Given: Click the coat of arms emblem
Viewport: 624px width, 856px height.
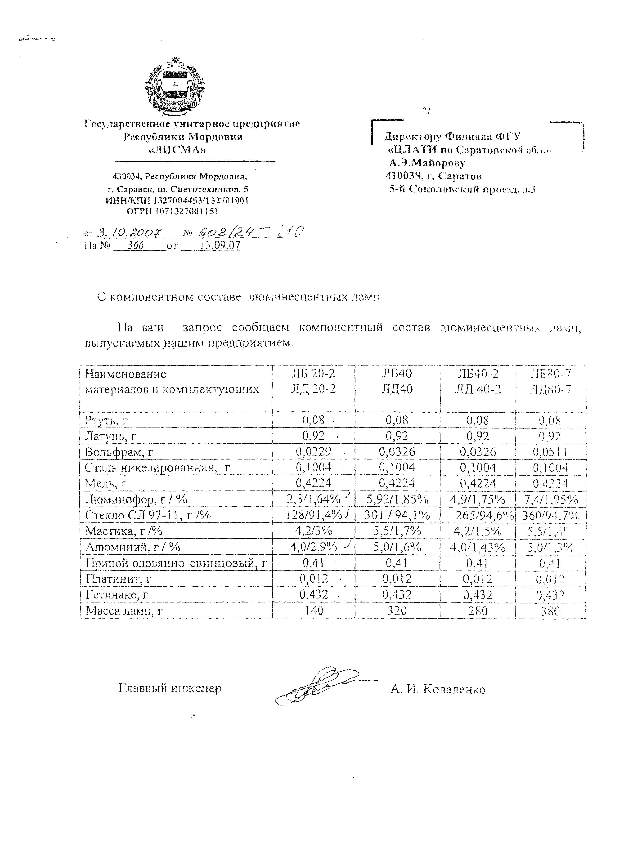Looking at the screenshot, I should [175, 88].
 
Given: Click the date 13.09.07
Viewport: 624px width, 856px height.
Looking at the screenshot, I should [220, 246].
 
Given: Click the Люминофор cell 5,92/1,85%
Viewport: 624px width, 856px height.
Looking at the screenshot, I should [397, 499].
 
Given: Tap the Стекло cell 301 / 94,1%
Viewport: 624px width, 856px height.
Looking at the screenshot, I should [397, 515].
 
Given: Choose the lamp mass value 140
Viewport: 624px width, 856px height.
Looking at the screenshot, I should [314, 610].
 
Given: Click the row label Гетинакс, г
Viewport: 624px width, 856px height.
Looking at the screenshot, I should [117, 595].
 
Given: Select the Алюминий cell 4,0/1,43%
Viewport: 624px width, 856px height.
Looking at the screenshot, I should [478, 547].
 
